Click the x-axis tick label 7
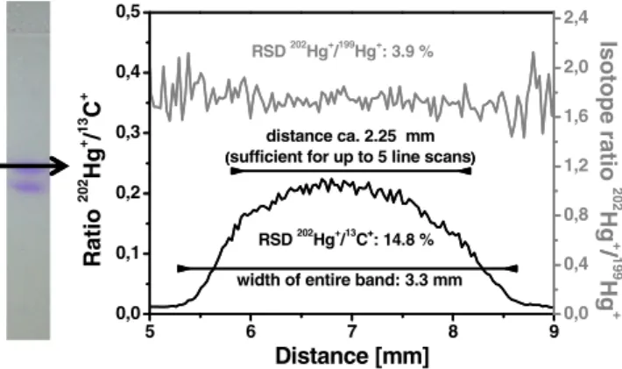[351, 331]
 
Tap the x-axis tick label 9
[554, 331]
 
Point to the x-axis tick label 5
[149, 331]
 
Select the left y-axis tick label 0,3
[128, 132]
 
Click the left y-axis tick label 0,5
[128, 11]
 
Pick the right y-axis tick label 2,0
[576, 67]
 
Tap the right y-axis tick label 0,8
[576, 215]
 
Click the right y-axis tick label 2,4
[576, 18]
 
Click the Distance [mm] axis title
[352, 356]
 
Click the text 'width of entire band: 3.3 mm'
[350, 280]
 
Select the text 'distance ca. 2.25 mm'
[350, 136]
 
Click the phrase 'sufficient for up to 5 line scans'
[350, 158]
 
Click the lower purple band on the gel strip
[27, 187]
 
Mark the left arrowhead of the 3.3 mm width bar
[181, 268]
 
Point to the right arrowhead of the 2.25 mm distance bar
[466, 172]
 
